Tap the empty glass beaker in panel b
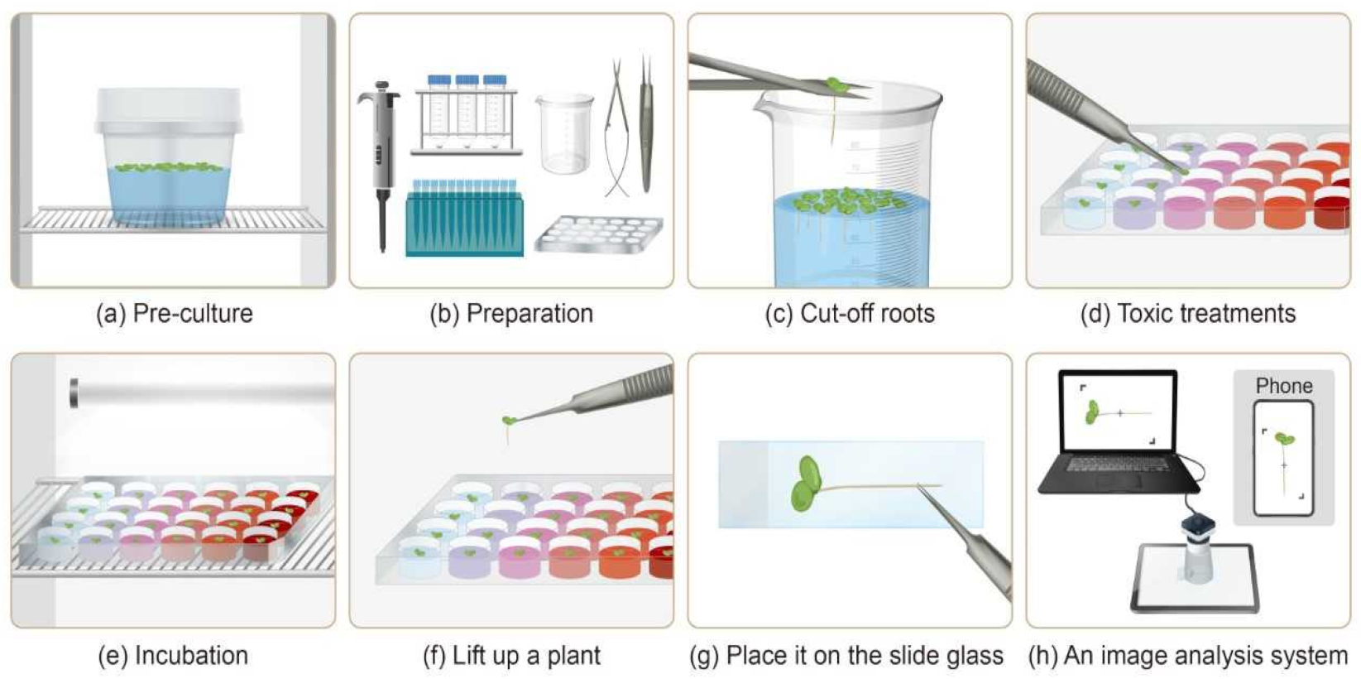click(x=564, y=132)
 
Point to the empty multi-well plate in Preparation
click(x=598, y=234)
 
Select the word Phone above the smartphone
click(x=1283, y=386)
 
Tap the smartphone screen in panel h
click(x=1283, y=458)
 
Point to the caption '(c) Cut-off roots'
click(x=850, y=314)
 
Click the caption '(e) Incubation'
click(x=173, y=656)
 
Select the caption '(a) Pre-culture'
click(x=174, y=314)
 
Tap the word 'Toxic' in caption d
click(x=1144, y=314)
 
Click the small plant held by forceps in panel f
click(x=509, y=421)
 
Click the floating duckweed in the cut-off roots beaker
click(x=844, y=200)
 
